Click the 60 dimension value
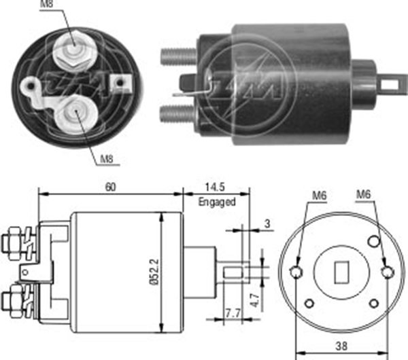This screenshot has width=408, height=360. [x=110, y=187]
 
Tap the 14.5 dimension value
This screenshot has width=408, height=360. [x=215, y=187]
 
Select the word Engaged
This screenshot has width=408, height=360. [x=217, y=202]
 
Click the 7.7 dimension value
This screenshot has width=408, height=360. [x=233, y=313]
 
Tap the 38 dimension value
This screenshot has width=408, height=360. [x=341, y=346]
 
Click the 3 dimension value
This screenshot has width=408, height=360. [x=267, y=223]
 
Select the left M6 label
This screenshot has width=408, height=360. [x=320, y=196]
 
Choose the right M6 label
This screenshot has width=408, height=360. [x=363, y=194]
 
